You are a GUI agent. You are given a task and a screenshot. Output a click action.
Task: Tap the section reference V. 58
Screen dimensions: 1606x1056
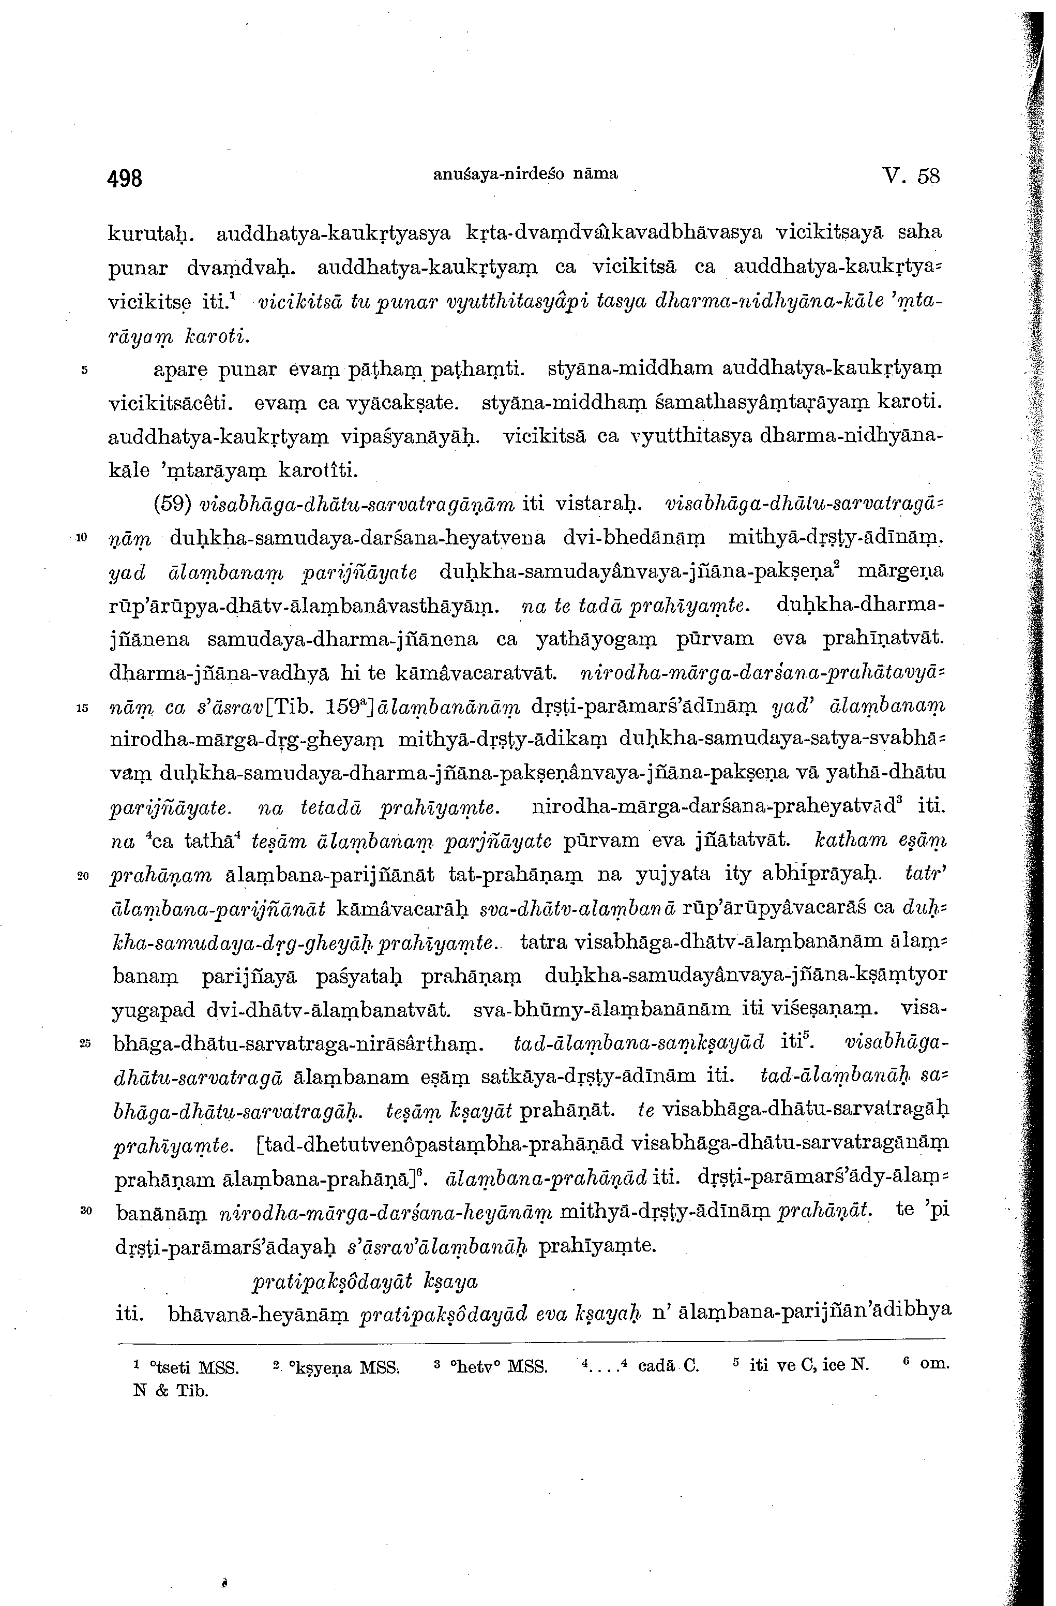pyautogui.click(x=910, y=177)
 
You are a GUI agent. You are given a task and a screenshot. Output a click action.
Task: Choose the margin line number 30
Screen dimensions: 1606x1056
pyautogui.click(x=84, y=1211)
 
